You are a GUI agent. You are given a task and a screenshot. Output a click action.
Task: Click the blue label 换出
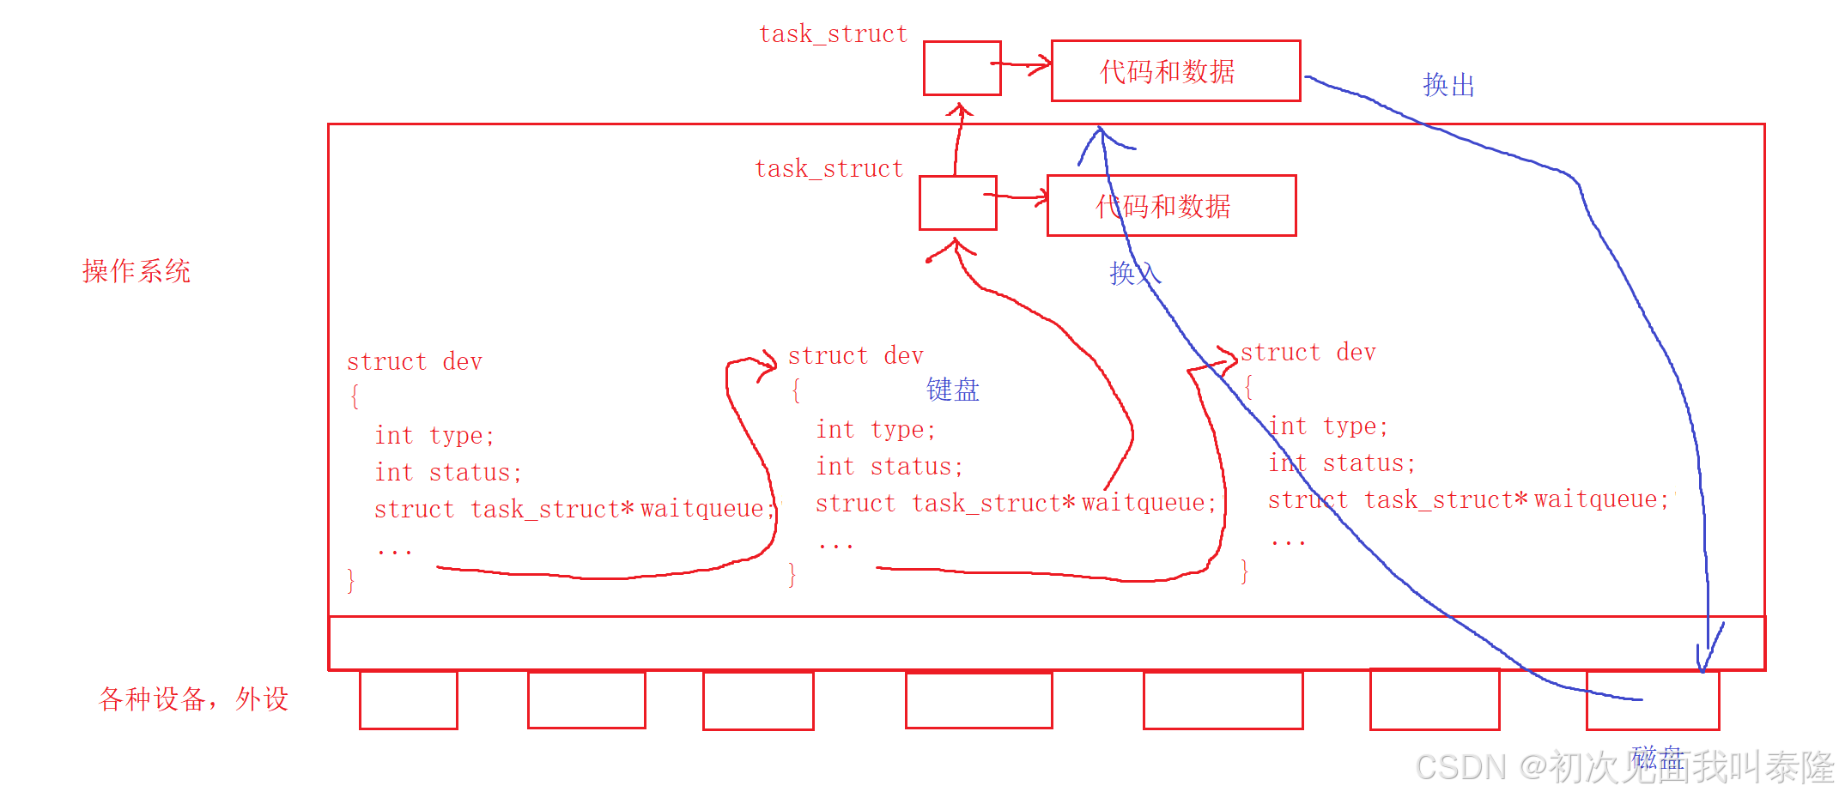(1448, 85)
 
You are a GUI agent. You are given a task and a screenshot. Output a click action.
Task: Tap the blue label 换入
(1134, 273)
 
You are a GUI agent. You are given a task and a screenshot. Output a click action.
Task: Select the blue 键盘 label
(952, 390)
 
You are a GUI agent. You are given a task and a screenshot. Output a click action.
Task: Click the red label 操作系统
(136, 271)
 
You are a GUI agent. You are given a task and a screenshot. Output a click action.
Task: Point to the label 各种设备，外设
(193, 698)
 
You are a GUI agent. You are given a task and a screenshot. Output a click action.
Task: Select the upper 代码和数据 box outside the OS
(1175, 71)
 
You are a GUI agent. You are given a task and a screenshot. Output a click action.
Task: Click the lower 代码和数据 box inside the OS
(1171, 206)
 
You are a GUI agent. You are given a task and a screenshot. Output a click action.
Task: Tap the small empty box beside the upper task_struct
(962, 69)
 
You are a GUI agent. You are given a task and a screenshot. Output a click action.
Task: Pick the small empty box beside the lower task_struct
(957, 203)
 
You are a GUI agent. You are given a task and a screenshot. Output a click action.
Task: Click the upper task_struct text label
(833, 34)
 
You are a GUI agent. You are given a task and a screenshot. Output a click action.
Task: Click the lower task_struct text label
(828, 169)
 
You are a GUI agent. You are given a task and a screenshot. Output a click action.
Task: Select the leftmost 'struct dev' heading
(414, 362)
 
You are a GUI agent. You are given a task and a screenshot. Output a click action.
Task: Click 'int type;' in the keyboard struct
(875, 429)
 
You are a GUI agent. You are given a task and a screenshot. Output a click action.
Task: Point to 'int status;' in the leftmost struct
(447, 473)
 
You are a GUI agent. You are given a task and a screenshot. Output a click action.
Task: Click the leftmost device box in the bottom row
(408, 700)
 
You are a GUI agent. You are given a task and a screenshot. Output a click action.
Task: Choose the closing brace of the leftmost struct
(350, 581)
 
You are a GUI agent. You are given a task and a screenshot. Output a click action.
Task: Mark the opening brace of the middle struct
(796, 391)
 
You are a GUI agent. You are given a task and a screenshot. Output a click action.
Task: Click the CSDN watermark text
(1623, 767)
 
